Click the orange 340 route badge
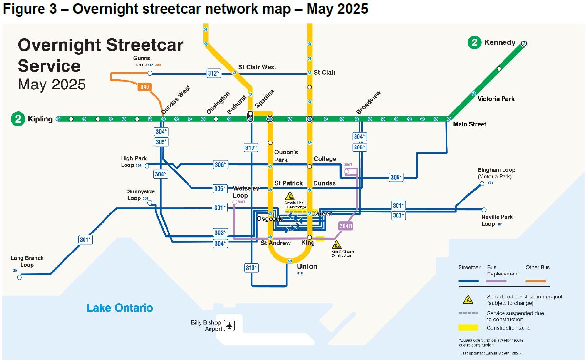pos(144,87)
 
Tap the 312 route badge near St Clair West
pos(213,73)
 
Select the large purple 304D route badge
pos(345,226)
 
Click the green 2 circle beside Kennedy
pos(474,42)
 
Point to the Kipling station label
pos(40,119)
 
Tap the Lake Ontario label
pos(120,308)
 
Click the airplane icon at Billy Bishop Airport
pos(230,325)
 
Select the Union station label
pos(307,267)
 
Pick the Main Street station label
pos(469,124)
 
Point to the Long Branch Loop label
pos(27,261)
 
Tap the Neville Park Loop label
pos(497,220)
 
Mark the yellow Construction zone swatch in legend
pos(467,328)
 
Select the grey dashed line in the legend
pos(467,313)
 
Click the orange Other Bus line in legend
pos(538,282)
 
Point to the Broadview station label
pos(368,103)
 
